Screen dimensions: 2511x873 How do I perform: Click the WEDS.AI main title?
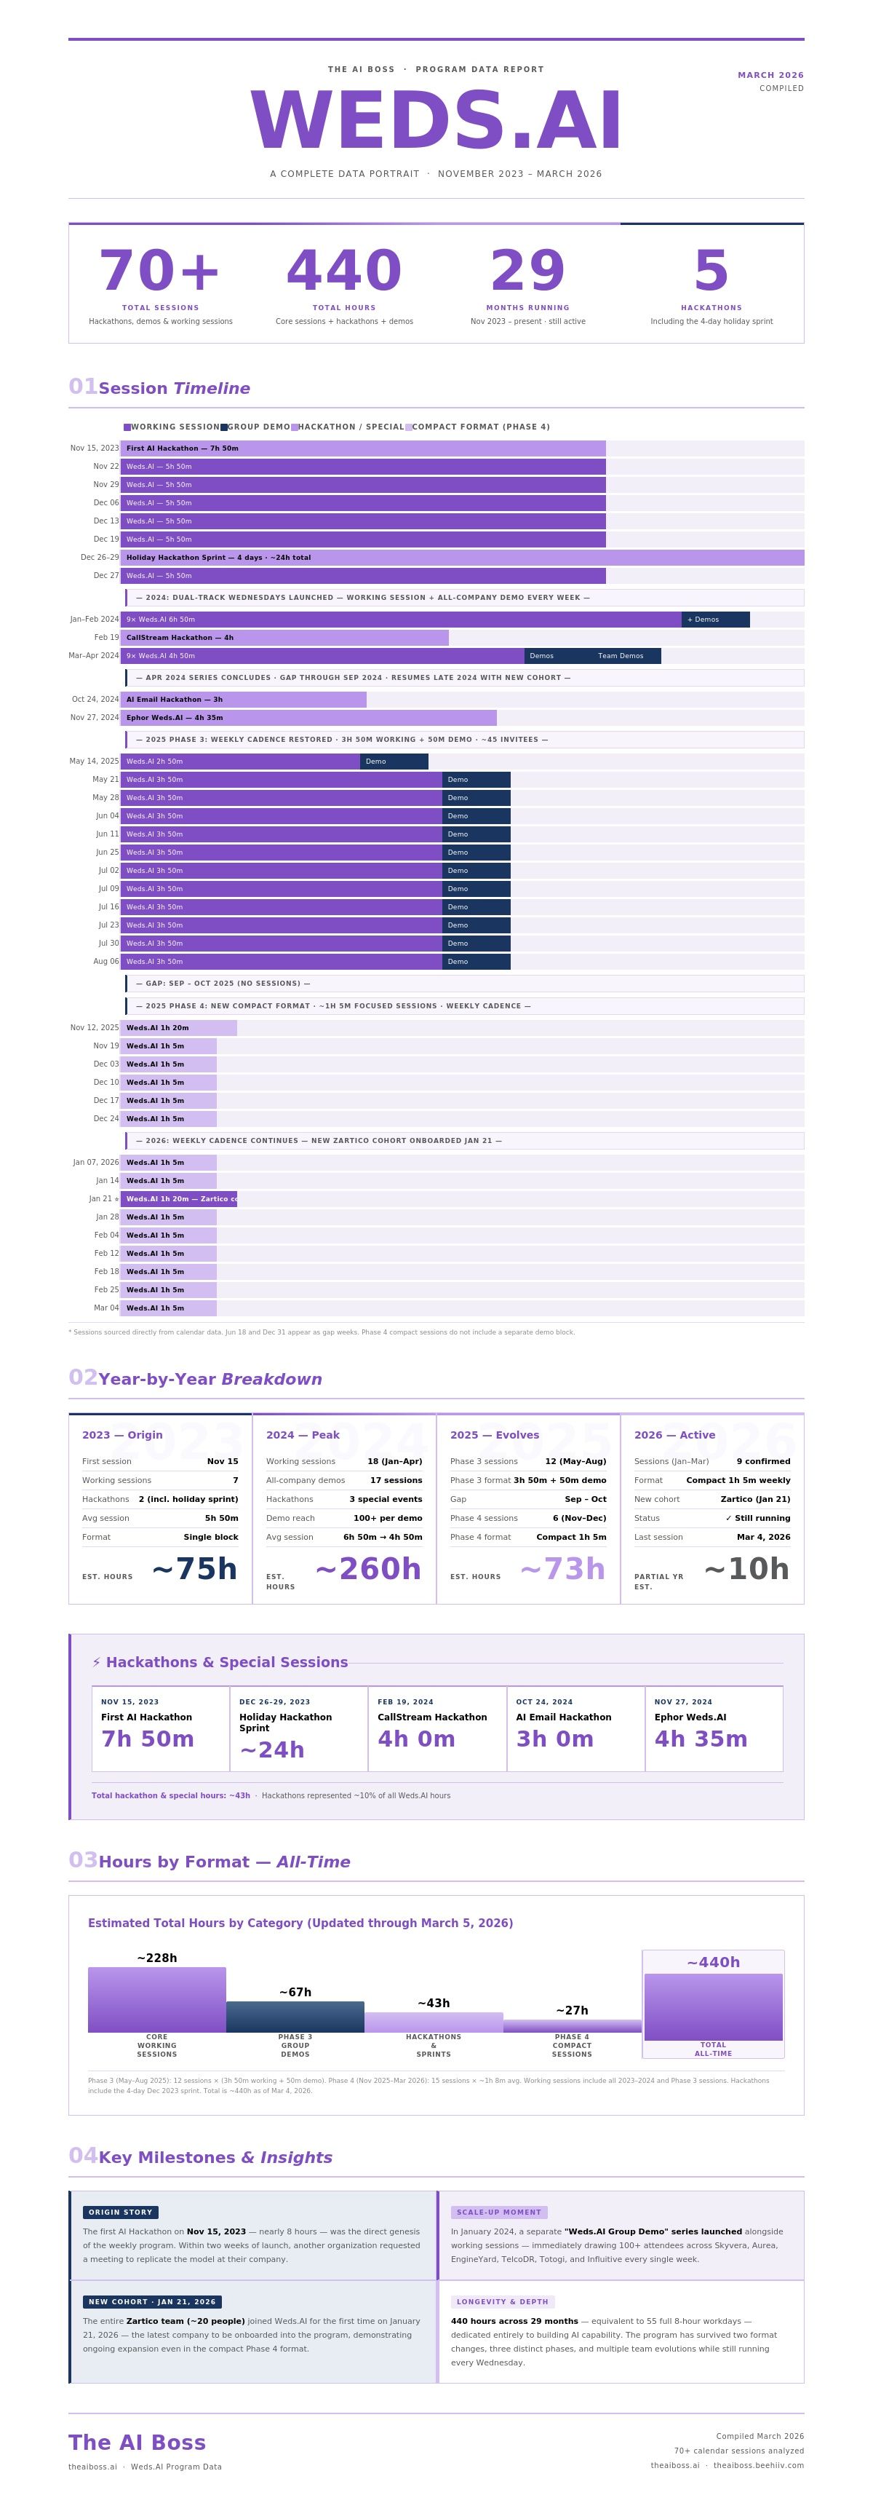click(436, 121)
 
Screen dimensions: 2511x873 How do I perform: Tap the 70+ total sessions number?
click(160, 270)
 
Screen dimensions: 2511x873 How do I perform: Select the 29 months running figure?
click(527, 270)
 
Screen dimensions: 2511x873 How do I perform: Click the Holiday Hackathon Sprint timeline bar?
click(462, 558)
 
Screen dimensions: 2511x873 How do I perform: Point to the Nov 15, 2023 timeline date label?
click(95, 448)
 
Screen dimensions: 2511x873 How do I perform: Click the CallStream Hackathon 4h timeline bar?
click(284, 638)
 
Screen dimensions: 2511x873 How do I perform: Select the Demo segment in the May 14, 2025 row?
click(394, 762)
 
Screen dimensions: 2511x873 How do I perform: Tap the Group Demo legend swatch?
click(224, 427)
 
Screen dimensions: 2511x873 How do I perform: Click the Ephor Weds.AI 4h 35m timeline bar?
click(308, 717)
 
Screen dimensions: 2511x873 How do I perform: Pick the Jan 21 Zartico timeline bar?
click(179, 1199)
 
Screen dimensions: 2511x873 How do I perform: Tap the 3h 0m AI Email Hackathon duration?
click(554, 1739)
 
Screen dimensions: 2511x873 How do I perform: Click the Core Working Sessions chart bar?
click(157, 1999)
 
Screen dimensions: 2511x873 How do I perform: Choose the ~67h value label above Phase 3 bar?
click(295, 1993)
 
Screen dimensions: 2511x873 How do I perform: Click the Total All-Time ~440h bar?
click(713, 2006)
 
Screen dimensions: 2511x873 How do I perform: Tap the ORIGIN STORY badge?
click(121, 2213)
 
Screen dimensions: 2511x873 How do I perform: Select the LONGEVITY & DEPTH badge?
click(502, 2301)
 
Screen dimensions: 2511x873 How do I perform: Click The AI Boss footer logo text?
click(137, 2442)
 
